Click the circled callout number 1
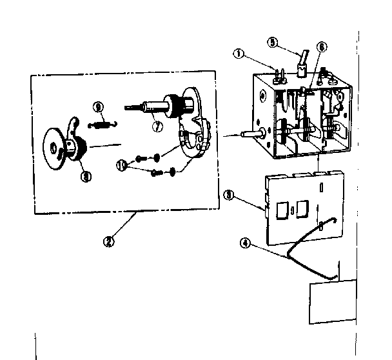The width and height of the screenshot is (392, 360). (x=239, y=55)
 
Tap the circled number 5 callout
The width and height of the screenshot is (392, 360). (x=273, y=43)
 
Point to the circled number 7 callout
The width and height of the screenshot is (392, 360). (x=157, y=126)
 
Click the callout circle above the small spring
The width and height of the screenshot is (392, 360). (x=98, y=106)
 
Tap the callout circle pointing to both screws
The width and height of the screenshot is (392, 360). (x=121, y=165)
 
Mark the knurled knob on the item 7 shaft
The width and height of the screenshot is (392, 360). (x=173, y=105)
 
